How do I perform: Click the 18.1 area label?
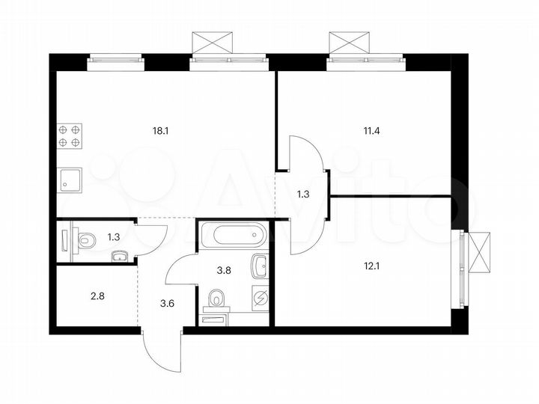coord(160,130)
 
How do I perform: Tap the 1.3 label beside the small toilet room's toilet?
coord(113,238)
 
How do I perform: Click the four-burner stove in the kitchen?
coord(69,135)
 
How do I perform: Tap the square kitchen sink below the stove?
coord(69,180)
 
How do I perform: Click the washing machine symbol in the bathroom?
coord(261,298)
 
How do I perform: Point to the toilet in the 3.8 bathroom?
coord(217,301)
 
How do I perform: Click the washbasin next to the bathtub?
coord(260,265)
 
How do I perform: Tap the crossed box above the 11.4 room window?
coord(350,41)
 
